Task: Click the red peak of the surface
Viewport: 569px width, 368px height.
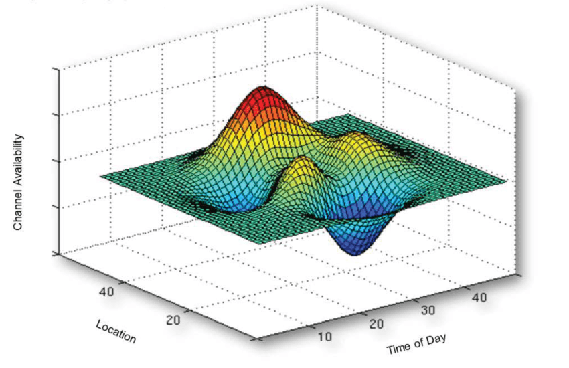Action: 263,94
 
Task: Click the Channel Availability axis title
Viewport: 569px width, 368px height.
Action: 18,182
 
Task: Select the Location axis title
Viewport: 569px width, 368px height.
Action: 116,331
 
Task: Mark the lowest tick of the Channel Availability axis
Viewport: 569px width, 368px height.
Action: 56,254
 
